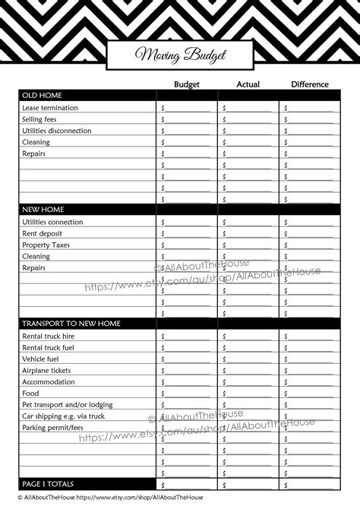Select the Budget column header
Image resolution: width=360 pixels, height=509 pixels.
click(x=187, y=84)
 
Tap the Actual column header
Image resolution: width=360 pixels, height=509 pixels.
click(x=248, y=84)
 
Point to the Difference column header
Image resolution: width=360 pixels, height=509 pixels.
click(x=309, y=84)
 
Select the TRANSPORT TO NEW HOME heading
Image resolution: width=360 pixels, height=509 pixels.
click(x=71, y=324)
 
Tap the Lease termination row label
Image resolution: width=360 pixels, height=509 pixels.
click(x=51, y=108)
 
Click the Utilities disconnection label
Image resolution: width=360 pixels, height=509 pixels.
click(x=57, y=131)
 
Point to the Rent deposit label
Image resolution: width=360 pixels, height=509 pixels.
click(x=43, y=233)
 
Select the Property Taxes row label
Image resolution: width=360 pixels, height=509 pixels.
click(x=46, y=245)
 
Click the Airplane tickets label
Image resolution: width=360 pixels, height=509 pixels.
click(x=48, y=370)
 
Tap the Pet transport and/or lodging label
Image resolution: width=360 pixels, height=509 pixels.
click(x=67, y=404)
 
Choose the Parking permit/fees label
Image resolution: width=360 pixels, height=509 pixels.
click(x=52, y=427)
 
